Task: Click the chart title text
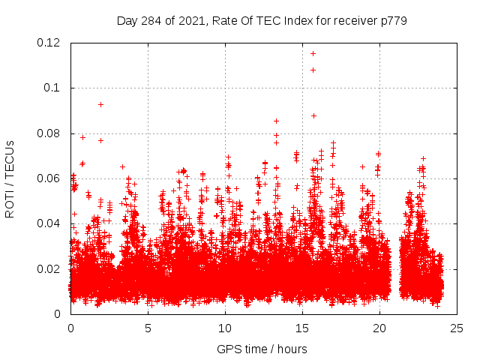pyautogui.click(x=262, y=20)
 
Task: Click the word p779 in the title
pyautogui.click(x=393, y=20)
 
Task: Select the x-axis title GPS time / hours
pyautogui.click(x=262, y=349)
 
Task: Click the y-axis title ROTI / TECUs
pyautogui.click(x=10, y=178)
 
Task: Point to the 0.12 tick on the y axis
pyautogui.click(x=51, y=43)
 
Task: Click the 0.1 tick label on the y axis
pyautogui.click(x=54, y=88)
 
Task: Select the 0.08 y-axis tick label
pyautogui.click(x=51, y=133)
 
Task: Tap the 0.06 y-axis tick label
pyautogui.click(x=51, y=178)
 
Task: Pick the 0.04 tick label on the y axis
pyautogui.click(x=51, y=223)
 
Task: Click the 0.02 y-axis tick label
pyautogui.click(x=51, y=268)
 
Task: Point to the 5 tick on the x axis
pyautogui.click(x=148, y=328)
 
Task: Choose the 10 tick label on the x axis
pyautogui.click(x=225, y=328)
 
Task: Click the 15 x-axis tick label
pyautogui.click(x=302, y=328)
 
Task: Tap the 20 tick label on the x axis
pyautogui.click(x=379, y=328)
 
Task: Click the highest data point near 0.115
pyautogui.click(x=313, y=53)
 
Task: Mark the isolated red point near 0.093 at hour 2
pyautogui.click(x=100, y=104)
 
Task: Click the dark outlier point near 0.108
pyautogui.click(x=313, y=70)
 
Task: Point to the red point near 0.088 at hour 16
pyautogui.click(x=313, y=115)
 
